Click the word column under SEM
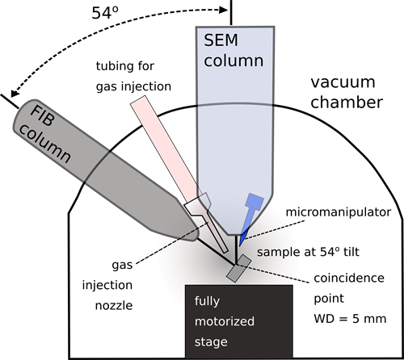pos(235,61)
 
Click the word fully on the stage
pos(208,302)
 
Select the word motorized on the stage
pos(225,321)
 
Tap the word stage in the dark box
pos(210,341)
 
